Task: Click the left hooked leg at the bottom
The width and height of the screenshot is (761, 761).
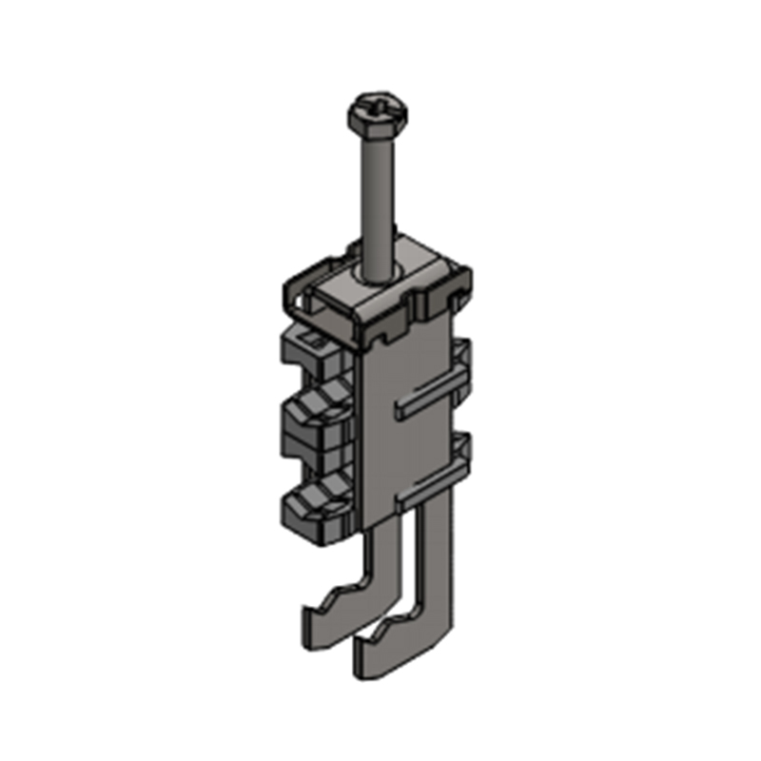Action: click(x=347, y=599)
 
